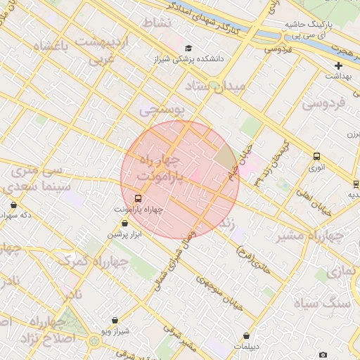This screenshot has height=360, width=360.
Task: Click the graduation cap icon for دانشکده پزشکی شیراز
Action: click(188, 48)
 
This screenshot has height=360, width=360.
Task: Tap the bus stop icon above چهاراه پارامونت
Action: click(137, 198)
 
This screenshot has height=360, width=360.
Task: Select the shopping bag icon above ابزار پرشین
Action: click(124, 224)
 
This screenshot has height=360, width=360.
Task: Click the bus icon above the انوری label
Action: click(316, 157)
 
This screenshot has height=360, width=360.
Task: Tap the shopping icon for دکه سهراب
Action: click(13, 205)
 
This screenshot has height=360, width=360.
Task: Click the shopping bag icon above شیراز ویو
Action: click(115, 321)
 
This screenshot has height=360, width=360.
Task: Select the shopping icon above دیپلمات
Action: click(246, 336)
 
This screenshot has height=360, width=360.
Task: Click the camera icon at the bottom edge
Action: click(323, 354)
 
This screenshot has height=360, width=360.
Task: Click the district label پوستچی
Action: click(161, 110)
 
